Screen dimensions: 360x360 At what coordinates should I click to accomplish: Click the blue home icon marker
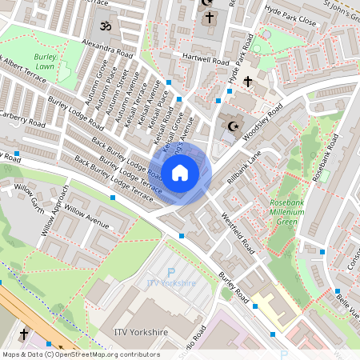click(x=180, y=172)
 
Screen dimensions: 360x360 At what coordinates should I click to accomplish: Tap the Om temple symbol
click(x=102, y=26)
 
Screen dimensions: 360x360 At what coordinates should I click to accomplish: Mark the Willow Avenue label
click(x=86, y=213)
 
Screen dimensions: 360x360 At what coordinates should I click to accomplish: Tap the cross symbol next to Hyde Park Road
click(x=248, y=82)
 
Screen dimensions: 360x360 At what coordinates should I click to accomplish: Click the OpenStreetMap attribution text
click(x=80, y=354)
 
